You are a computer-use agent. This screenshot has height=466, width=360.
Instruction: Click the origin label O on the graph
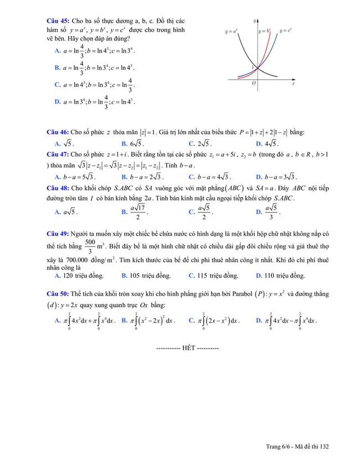click(253, 83)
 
